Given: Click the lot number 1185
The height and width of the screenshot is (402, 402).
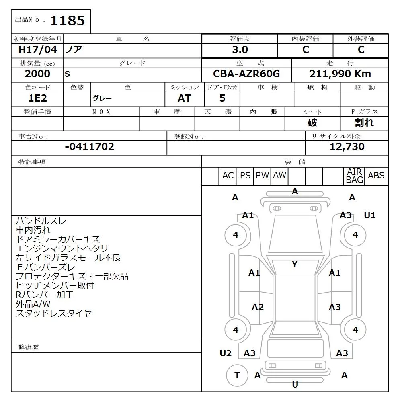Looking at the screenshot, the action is point(68,21).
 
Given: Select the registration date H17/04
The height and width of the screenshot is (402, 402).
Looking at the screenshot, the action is point(37,49).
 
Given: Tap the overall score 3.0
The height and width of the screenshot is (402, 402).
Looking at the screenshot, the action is point(240,49).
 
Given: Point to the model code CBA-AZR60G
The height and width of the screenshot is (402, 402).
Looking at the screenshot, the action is point(246,74).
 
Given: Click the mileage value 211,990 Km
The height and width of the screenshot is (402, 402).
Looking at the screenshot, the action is point(340,74).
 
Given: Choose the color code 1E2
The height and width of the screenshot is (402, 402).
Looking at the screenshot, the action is point(37,98).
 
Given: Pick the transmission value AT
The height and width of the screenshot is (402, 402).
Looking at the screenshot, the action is point(185,98).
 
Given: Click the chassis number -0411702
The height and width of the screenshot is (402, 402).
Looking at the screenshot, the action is point(90,146).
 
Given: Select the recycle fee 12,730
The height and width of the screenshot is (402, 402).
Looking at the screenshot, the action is point(347,146).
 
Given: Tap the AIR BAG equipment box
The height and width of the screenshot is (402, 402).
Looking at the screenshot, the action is point(354,176).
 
